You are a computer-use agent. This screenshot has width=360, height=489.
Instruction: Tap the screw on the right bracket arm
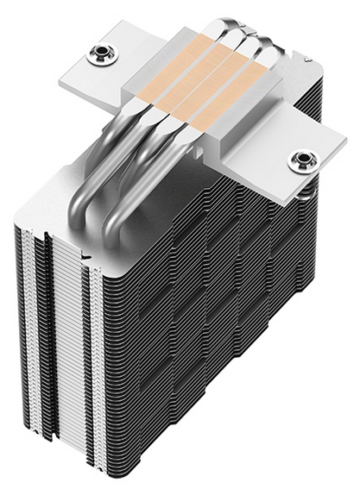[x=302, y=160]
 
